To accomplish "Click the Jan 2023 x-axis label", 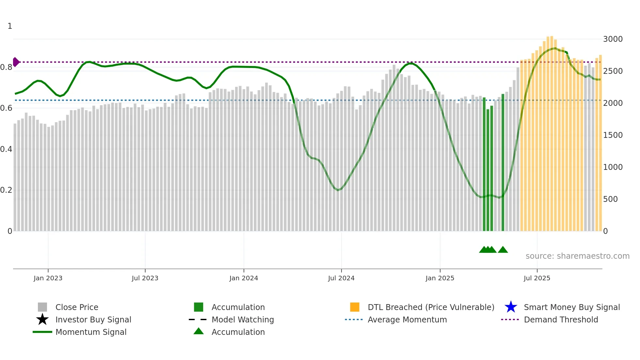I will [x=48, y=278].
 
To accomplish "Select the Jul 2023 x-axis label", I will [x=145, y=278].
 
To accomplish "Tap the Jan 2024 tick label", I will [x=244, y=278].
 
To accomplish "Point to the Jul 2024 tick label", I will [x=341, y=278].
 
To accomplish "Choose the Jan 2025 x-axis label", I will [x=440, y=278].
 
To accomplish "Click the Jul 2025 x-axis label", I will [x=537, y=278].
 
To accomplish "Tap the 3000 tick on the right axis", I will [x=613, y=39].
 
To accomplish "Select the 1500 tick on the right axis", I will [x=613, y=135].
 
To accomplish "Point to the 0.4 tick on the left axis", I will [x=6, y=149].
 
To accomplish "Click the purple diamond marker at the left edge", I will [x=16, y=62].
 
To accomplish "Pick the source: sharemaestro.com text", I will [x=577, y=256].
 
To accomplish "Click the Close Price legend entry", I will [x=77, y=307].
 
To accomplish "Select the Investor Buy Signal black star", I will [x=42, y=319].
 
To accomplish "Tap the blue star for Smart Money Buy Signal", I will [x=511, y=307].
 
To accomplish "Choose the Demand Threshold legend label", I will [x=561, y=319].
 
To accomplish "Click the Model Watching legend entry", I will [x=243, y=319].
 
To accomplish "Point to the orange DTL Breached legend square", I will [x=355, y=307].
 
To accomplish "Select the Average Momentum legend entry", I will [x=407, y=319].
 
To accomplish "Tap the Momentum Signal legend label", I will [x=91, y=332].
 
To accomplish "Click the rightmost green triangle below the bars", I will [x=503, y=250].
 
